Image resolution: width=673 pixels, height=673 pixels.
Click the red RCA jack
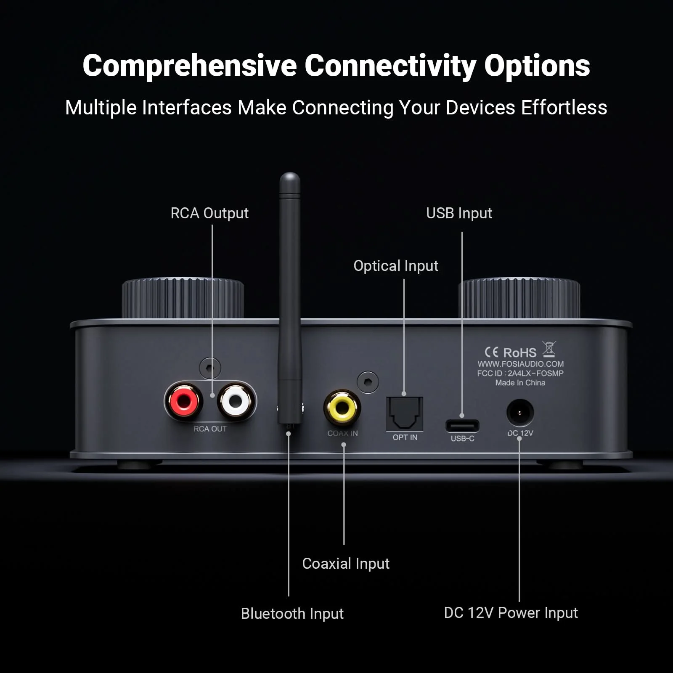pyautogui.click(x=184, y=401)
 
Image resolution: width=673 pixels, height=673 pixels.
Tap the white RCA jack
pyautogui.click(x=236, y=401)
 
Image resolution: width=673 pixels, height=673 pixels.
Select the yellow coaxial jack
pyautogui.click(x=342, y=407)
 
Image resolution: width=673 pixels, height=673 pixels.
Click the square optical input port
pyautogui.click(x=404, y=413)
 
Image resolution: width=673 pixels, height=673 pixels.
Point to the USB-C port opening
pyautogui.click(x=462, y=426)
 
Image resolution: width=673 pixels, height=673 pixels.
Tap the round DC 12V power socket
pyautogui.click(x=520, y=413)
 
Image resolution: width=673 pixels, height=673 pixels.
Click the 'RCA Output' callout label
pyautogui.click(x=209, y=213)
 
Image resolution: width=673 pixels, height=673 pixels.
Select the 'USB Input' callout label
pyautogui.click(x=459, y=213)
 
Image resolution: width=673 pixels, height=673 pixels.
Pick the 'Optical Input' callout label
pyautogui.click(x=396, y=266)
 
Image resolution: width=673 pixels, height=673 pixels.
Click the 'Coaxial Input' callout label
pyautogui.click(x=346, y=564)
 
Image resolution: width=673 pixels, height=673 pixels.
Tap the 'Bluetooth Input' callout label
pyautogui.click(x=292, y=614)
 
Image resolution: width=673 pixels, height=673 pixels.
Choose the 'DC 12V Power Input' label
pyautogui.click(x=511, y=613)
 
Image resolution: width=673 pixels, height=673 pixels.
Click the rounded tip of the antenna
pyautogui.click(x=290, y=179)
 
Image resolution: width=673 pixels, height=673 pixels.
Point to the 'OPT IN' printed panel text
pyautogui.click(x=405, y=437)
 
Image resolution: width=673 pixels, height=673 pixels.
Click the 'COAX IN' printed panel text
pyautogui.click(x=342, y=433)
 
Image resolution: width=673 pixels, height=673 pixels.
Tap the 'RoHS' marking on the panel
pyautogui.click(x=520, y=352)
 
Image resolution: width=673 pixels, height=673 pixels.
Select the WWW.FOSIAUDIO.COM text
pyautogui.click(x=520, y=364)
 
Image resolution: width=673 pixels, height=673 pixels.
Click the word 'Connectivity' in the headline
pyautogui.click(x=390, y=66)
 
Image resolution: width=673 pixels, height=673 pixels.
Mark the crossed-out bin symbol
pyautogui.click(x=549, y=349)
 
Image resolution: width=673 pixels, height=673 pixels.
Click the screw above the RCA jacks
pyautogui.click(x=210, y=368)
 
